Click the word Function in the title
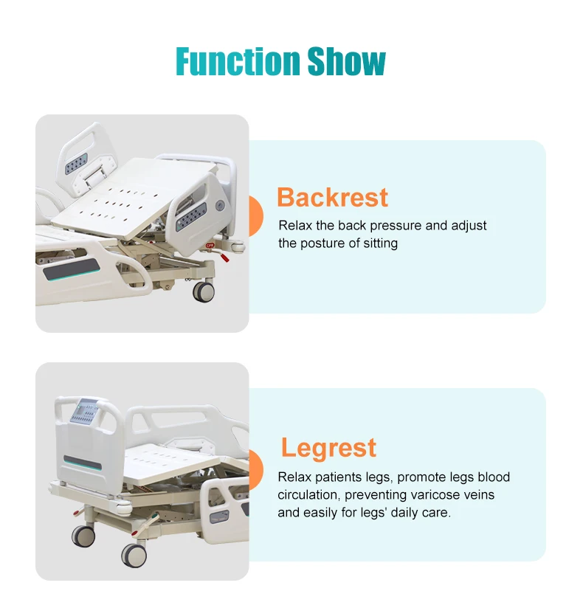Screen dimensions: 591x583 (x=238, y=62)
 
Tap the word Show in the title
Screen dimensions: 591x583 (x=346, y=62)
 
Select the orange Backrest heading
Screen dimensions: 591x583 (x=332, y=198)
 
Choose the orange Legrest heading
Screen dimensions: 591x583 (x=328, y=448)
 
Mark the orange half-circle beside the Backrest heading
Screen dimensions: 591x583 (x=255, y=215)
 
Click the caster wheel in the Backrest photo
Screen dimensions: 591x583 (x=204, y=291)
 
